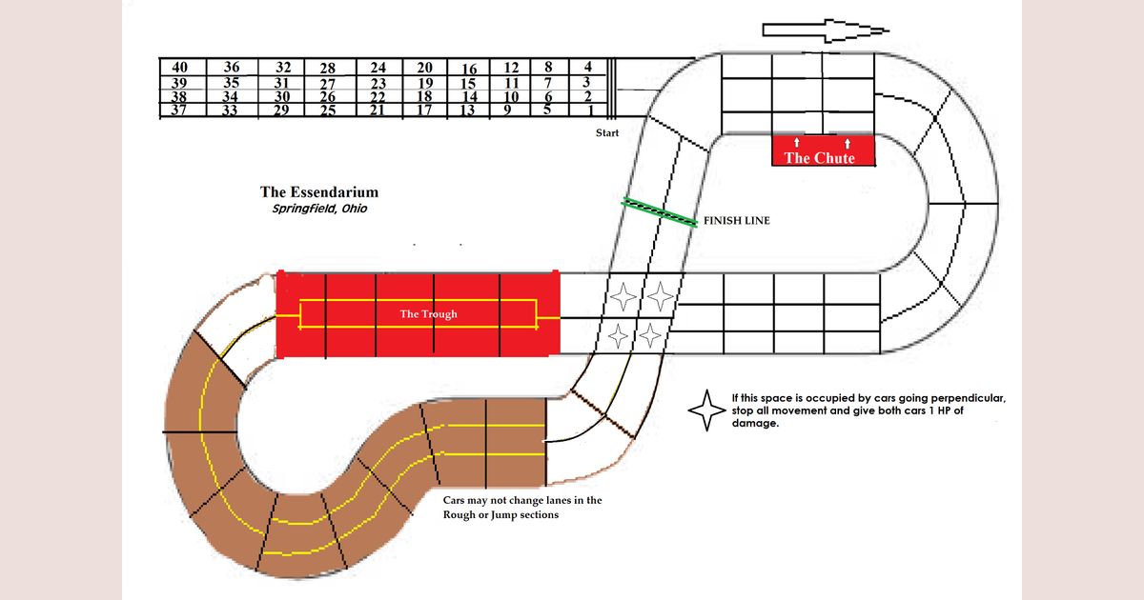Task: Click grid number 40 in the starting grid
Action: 179,68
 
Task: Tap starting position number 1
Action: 592,110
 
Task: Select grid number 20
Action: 425,69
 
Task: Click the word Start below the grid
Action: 607,133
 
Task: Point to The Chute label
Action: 819,158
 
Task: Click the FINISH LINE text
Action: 736,220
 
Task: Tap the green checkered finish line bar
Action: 660,211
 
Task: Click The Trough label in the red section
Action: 428,314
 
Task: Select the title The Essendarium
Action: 318,193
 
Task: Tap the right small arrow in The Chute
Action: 848,143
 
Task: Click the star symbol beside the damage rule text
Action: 706,410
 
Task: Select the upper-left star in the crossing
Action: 624,296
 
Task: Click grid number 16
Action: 469,70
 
